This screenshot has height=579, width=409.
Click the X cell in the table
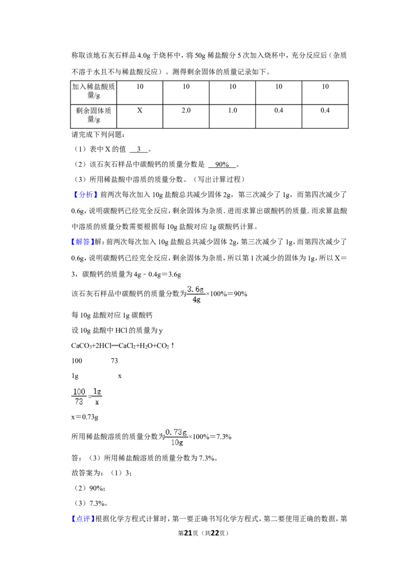pos(140,116)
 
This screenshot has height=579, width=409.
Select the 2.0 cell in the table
pos(186,116)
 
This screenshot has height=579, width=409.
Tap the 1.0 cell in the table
pos(233,116)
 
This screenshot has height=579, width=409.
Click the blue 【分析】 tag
pos(85,194)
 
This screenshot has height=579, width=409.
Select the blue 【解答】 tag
pos(82,242)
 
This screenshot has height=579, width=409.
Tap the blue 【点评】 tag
pos(82,519)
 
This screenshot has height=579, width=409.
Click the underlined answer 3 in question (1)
pos(139,149)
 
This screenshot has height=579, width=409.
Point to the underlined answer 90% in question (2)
pos(222,164)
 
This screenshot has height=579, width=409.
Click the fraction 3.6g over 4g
pos(196,294)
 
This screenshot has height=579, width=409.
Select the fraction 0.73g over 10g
pos(177,437)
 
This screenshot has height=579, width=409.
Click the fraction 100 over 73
pos(79,396)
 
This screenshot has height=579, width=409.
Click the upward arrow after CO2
pos(173,346)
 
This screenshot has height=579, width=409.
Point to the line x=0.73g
pos(85,417)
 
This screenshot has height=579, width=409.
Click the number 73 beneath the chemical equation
pos(115,361)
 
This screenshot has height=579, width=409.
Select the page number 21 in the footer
pos(188,533)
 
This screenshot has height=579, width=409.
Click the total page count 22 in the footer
pos(215,533)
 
